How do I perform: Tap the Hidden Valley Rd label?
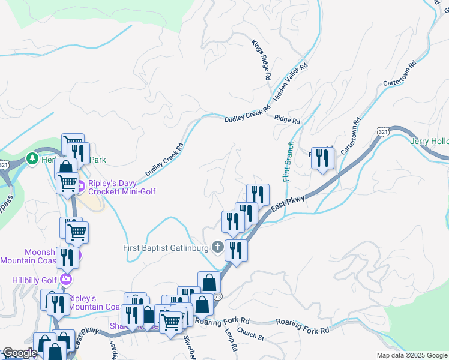(x=291, y=81)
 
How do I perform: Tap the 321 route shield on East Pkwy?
(x=383, y=130)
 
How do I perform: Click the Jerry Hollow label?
(x=429, y=142)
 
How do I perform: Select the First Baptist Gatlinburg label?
(x=165, y=247)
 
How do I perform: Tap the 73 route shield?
(x=217, y=296)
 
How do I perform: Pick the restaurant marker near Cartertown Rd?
(x=322, y=158)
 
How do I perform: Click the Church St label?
(x=250, y=335)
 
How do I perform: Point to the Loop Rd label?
(x=231, y=339)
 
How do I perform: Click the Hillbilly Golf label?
(x=34, y=280)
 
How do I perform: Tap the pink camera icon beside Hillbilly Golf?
(x=65, y=280)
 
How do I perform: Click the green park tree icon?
(x=32, y=159)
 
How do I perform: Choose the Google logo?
(x=20, y=353)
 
